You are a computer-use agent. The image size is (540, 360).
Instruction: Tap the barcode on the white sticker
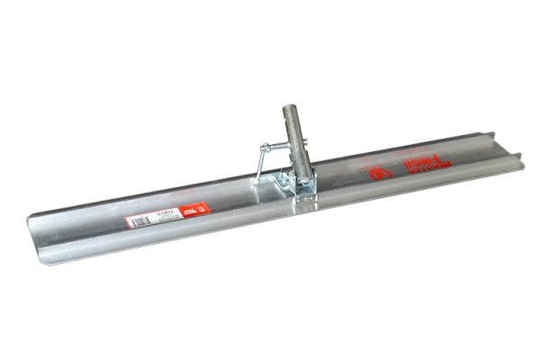[x=138, y=220]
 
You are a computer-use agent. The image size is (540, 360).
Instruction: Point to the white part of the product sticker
[x=153, y=216]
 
